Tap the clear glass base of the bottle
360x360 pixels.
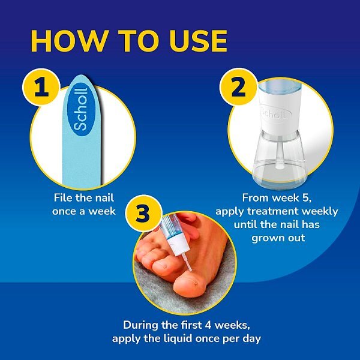click(280, 162)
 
